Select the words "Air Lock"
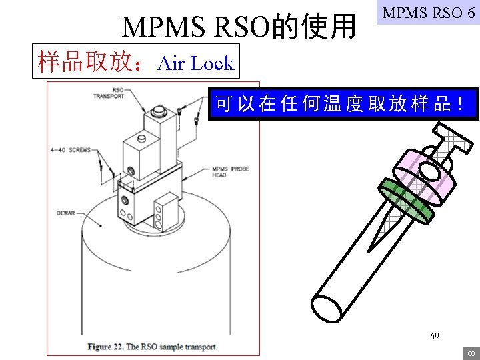(x=196, y=63)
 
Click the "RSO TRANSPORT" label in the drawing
(x=109, y=93)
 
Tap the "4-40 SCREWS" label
(x=70, y=150)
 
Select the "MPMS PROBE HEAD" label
(x=230, y=171)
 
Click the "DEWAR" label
(x=66, y=213)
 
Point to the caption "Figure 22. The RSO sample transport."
(x=152, y=347)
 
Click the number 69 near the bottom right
(x=434, y=337)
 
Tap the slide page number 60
(x=470, y=353)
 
